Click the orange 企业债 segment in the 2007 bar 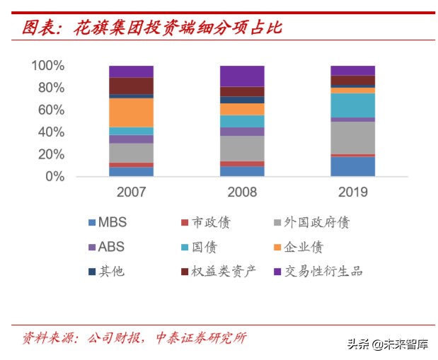(131, 112)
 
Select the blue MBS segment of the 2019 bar (352, 166)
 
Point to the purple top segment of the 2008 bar (242, 76)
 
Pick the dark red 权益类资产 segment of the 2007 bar (131, 86)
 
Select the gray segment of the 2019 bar (352, 137)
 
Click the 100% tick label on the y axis (48, 66)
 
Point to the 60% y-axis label (52, 110)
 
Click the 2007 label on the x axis (131, 192)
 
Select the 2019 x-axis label (352, 192)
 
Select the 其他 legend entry (105, 271)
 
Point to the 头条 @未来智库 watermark (387, 344)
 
